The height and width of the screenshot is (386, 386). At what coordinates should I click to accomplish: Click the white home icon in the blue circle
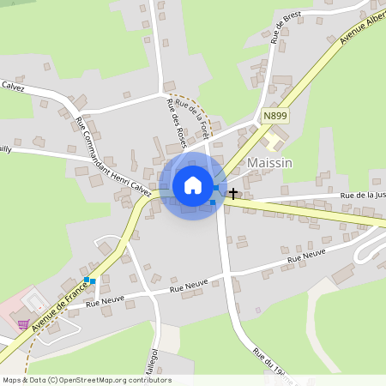(193, 185)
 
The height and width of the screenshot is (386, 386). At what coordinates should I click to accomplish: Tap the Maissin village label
(269, 162)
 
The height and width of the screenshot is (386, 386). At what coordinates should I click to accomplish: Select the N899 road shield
(274, 116)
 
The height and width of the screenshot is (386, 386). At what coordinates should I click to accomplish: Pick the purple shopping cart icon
(21, 324)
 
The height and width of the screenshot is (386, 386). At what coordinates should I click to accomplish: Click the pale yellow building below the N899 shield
(276, 138)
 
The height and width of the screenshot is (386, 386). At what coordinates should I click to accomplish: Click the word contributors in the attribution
(151, 380)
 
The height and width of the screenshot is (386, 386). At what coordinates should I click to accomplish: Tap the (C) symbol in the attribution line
(52, 380)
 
